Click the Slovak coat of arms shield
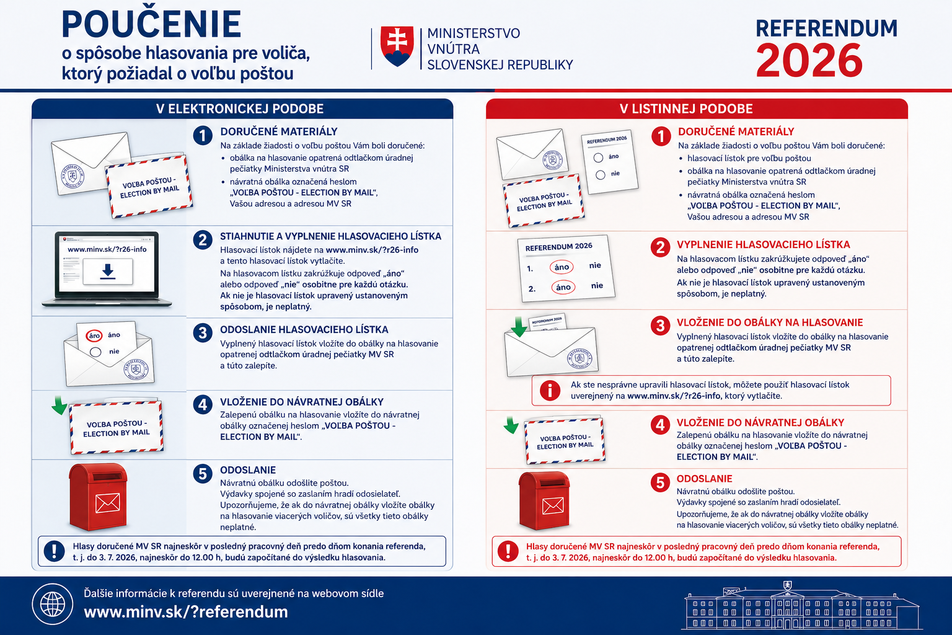click(x=397, y=46)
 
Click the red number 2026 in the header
click(x=809, y=61)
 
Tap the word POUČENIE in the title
click(x=151, y=25)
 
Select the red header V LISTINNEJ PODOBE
click(x=686, y=109)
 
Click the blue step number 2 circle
click(x=203, y=239)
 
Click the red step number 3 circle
click(x=660, y=326)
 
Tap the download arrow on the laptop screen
click(x=108, y=271)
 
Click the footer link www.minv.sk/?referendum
click(x=186, y=612)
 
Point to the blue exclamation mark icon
click(x=55, y=551)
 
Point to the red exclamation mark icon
click(x=508, y=551)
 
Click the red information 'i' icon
click(x=550, y=390)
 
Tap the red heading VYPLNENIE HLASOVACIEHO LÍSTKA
click(x=764, y=245)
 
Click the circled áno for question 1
click(x=562, y=267)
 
